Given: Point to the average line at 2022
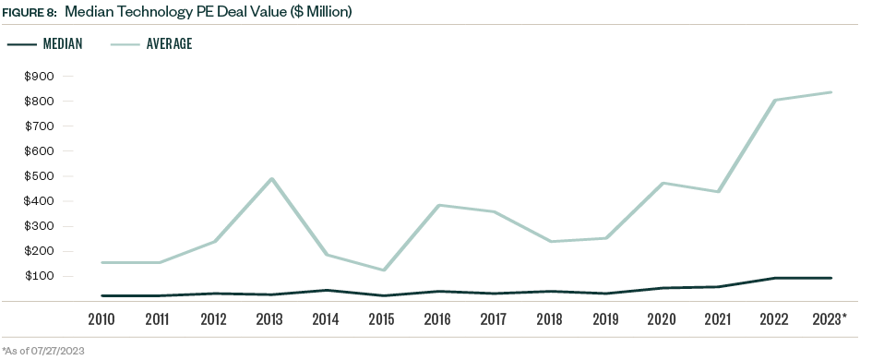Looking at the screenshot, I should point(775,100).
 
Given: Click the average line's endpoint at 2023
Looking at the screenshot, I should point(831,92).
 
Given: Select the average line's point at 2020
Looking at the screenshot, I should point(662,183).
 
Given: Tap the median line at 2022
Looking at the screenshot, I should point(775,278).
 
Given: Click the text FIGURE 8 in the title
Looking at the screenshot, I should point(30,11).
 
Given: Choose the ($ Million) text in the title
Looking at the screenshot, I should point(317,11).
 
